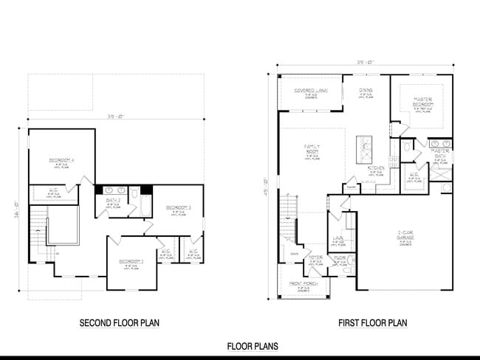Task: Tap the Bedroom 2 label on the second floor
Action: (x=132, y=261)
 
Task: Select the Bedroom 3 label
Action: (x=179, y=207)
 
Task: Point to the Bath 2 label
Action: (x=113, y=200)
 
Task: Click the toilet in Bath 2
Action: (x=134, y=193)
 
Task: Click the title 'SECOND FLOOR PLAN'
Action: (x=119, y=323)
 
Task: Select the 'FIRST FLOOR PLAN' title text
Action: (x=373, y=323)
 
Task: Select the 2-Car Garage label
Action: (x=405, y=235)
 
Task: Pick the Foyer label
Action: (x=315, y=257)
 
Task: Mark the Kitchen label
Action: (x=376, y=168)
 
